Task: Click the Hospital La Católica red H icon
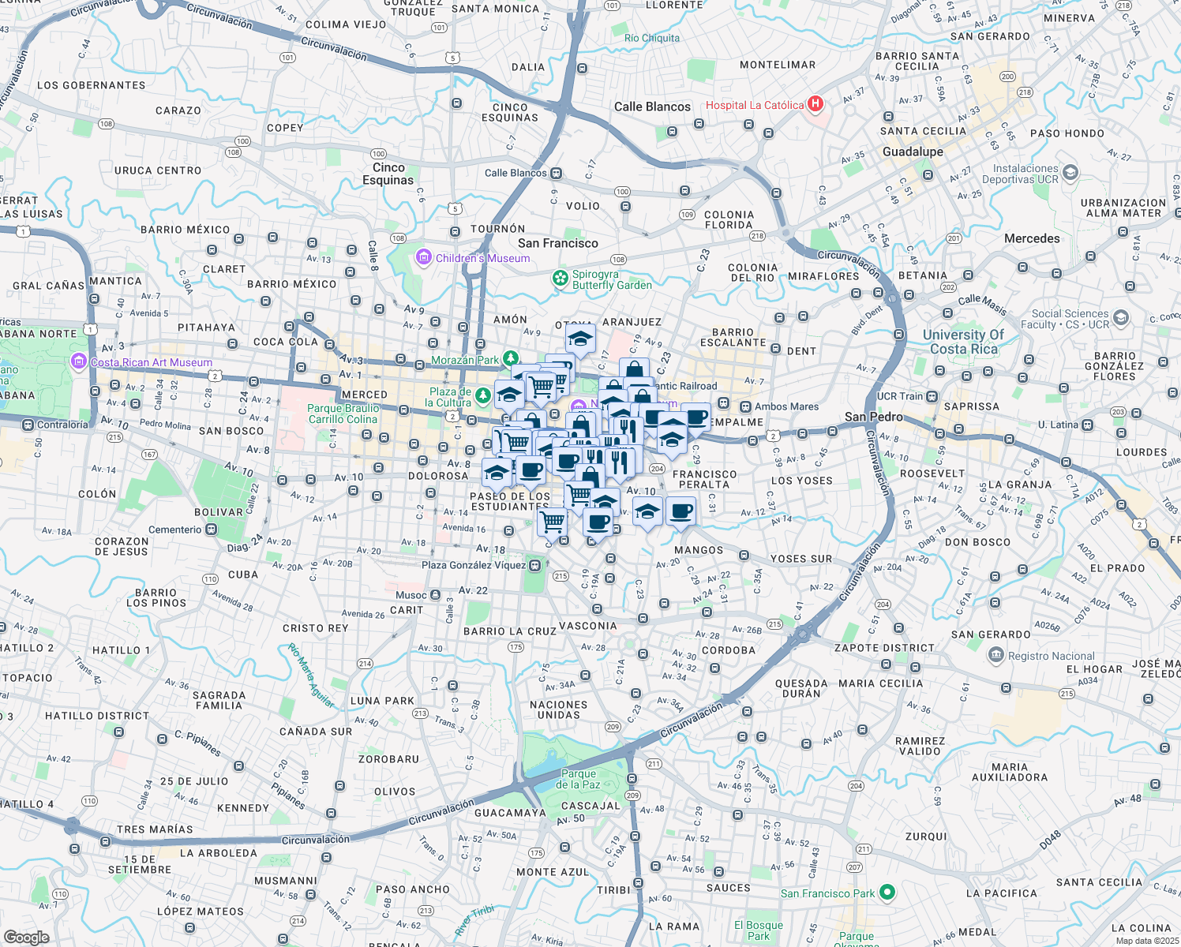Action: tap(816, 104)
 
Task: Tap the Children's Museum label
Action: tap(482, 258)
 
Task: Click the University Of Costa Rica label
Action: tap(963, 342)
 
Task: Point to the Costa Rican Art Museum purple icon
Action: tap(78, 362)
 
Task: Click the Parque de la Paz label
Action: tap(578, 779)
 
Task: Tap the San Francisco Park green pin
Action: tap(887, 893)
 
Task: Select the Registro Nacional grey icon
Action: tap(995, 655)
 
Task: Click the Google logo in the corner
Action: tap(26, 937)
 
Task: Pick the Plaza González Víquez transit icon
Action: tap(536, 565)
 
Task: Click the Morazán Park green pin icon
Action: tap(512, 360)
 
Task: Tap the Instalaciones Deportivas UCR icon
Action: tap(1070, 172)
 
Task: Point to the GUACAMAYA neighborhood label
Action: tap(510, 813)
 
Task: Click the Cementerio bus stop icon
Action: tap(212, 530)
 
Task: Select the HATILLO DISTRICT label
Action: tap(96, 716)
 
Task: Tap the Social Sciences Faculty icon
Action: tap(1121, 318)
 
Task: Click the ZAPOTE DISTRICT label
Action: tap(884, 648)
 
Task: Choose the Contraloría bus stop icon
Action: tap(29, 425)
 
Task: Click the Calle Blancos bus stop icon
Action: tap(557, 173)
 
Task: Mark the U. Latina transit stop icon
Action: tap(1088, 425)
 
